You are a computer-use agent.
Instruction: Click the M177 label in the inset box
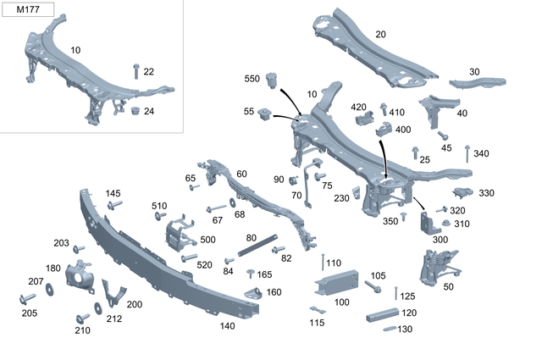29,12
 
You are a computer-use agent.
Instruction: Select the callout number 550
253,78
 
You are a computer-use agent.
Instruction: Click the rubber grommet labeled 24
134,111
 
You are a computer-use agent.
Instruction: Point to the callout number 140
227,325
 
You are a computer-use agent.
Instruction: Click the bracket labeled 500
180,234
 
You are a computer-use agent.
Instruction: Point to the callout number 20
380,34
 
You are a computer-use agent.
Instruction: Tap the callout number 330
486,193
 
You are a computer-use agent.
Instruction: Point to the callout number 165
264,274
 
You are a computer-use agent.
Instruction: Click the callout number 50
447,287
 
